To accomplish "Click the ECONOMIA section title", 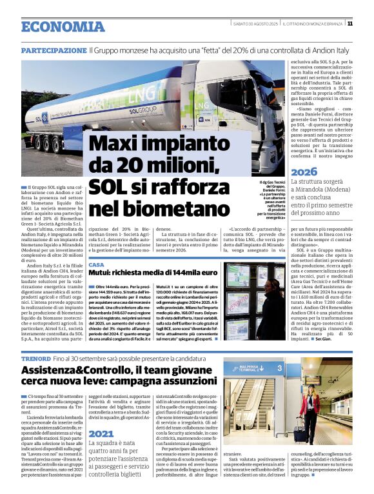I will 63,26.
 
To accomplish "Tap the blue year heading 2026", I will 304,172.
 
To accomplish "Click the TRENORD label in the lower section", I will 35,358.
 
